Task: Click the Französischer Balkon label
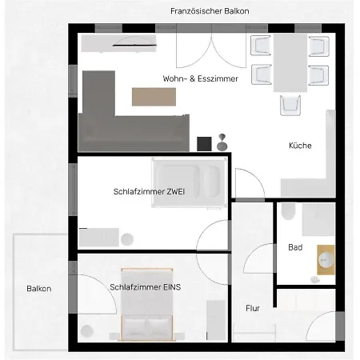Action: coord(210,11)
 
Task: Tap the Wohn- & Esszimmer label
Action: coord(200,78)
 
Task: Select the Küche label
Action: coord(300,146)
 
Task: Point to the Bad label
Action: coord(295,247)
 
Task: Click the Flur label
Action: coord(253,308)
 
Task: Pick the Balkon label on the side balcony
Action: coord(39,289)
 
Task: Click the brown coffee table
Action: coord(154,97)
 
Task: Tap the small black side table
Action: coord(204,144)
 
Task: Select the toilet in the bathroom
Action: coord(289,211)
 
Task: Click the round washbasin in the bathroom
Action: coord(326,260)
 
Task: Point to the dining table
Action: coord(290,62)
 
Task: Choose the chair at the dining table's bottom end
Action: coord(290,106)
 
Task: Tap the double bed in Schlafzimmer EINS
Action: coord(147,304)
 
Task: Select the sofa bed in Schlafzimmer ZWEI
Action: coord(190,182)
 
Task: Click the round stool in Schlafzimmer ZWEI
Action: coord(127,239)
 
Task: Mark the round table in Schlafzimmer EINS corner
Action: coord(87,331)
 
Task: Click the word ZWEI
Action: coord(175,191)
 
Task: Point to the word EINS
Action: coord(172,287)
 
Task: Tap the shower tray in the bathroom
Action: coord(318,219)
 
